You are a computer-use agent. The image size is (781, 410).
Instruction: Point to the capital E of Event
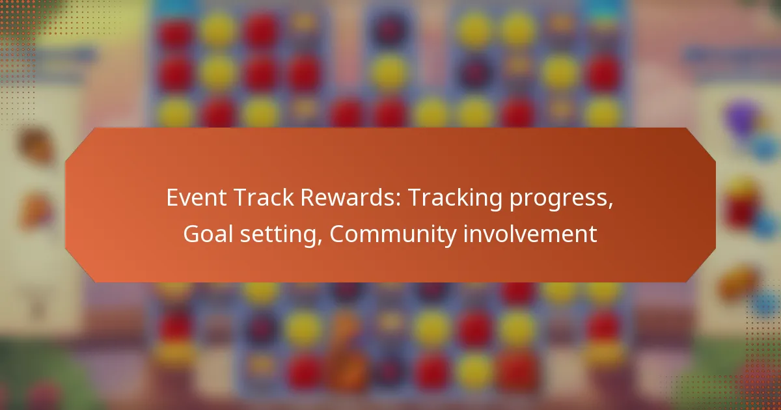172,198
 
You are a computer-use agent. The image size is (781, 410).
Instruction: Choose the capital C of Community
338,234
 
